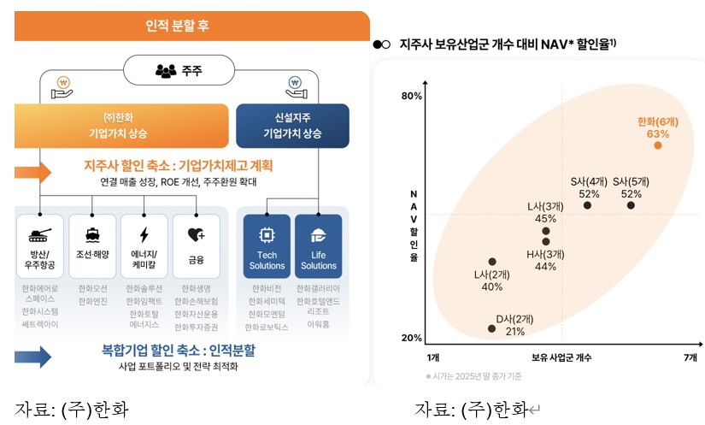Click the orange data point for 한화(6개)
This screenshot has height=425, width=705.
[658, 145]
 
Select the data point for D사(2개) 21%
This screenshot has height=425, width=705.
[491, 328]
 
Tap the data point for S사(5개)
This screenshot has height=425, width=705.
[631, 205]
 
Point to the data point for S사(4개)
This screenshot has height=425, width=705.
[587, 205]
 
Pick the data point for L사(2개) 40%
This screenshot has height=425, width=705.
[492, 262]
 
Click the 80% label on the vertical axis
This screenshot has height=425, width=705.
[411, 96]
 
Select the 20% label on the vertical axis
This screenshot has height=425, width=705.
[411, 339]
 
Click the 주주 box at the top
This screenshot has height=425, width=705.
[178, 71]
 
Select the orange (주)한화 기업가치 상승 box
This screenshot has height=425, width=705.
[121, 126]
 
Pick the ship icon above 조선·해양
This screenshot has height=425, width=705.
[92, 234]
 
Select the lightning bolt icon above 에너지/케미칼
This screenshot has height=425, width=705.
[144, 234]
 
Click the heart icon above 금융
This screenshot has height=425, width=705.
[196, 234]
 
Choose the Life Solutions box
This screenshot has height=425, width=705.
[318, 245]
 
